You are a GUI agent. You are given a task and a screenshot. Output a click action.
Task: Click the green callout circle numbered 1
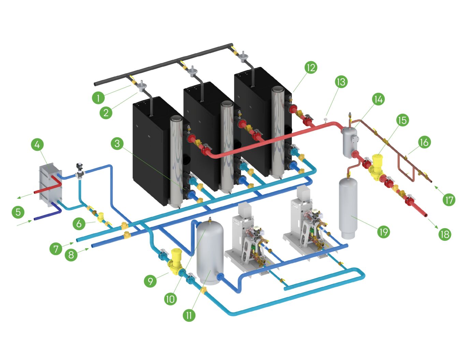coord(98,98)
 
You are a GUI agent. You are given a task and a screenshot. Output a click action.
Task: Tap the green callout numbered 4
coord(37,144)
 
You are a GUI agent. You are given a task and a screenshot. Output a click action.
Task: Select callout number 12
coord(311,67)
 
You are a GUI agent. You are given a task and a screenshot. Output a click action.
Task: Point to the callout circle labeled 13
coord(341,82)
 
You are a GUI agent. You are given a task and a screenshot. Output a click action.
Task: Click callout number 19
coord(384,232)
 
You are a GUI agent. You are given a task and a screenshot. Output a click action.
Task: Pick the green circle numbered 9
coord(150,281)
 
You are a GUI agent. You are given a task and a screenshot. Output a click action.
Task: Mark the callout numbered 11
coord(189,315)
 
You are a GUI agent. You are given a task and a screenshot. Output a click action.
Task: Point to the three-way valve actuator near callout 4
coord(80,167)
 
